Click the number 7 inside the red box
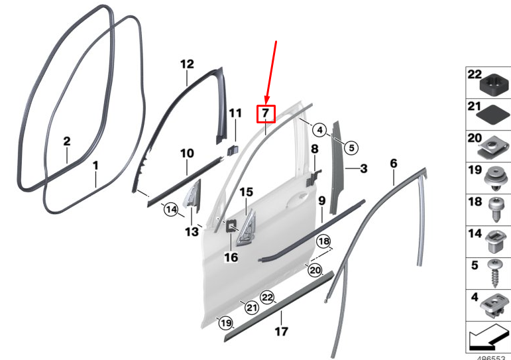point(266,113)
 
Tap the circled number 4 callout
point(319,130)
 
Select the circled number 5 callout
point(351,148)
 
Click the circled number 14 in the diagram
point(171,209)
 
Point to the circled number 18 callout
point(323,241)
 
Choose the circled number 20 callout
point(315,270)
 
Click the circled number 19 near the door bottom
point(226,323)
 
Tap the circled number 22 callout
point(267,298)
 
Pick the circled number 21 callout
point(251,308)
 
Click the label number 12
point(187,64)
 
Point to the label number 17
point(281,331)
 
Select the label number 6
point(394,163)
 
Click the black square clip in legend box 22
point(494,84)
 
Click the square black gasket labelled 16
point(232,225)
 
